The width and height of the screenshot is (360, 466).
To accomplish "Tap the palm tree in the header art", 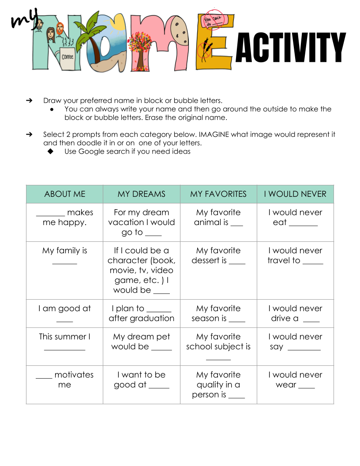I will (92, 33).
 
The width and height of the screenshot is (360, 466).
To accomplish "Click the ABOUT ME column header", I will (64, 194).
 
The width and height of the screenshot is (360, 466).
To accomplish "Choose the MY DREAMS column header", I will (141, 194).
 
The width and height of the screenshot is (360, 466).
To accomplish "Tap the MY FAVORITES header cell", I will (218, 194).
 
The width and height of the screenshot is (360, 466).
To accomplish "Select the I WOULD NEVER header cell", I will (295, 194).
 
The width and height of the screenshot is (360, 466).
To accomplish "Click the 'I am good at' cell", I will (64, 313).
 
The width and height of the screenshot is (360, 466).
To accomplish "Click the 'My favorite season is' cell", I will (218, 313).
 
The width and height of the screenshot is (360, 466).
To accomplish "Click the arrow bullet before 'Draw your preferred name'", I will (30, 100).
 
